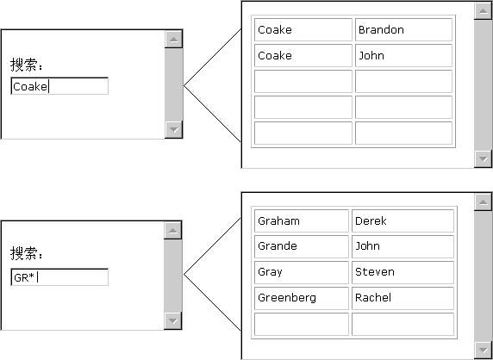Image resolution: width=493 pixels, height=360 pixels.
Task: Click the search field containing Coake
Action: pos(59,86)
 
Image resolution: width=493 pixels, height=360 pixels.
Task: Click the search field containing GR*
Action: pos(59,277)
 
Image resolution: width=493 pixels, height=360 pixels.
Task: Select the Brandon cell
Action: pos(403,29)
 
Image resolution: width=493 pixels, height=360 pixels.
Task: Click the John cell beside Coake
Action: pos(403,56)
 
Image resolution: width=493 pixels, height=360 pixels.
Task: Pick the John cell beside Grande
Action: pos(403,246)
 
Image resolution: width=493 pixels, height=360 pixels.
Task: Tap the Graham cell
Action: pos(302,220)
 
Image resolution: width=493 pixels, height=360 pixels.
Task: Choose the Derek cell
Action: pos(403,220)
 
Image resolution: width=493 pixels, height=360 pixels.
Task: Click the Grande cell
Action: pos(302,246)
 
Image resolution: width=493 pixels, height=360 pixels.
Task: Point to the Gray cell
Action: pos(302,272)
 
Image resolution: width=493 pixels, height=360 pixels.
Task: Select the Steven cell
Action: pos(403,272)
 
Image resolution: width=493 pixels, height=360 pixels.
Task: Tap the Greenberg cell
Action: pos(302,298)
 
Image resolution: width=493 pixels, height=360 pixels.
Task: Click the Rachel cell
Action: pos(403,298)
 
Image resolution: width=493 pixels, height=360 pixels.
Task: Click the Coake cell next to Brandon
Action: pos(303,29)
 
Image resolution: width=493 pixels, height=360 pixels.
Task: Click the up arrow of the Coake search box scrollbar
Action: pos(173,40)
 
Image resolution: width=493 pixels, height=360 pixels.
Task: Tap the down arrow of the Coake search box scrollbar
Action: pos(173,129)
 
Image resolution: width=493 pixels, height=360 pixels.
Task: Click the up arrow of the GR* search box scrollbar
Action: pos(173,231)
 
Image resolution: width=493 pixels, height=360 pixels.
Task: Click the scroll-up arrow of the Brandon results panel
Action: pos(484,11)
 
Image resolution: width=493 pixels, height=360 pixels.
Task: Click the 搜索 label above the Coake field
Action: pos(27,65)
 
